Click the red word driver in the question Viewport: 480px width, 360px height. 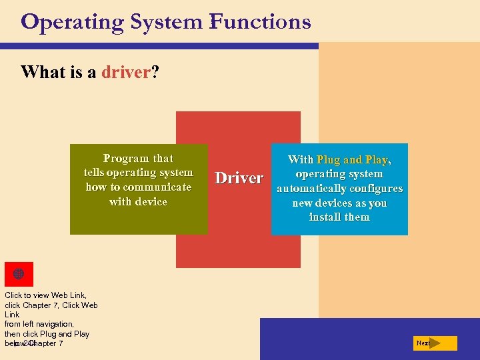coord(126,72)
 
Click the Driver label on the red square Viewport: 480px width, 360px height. coord(239,178)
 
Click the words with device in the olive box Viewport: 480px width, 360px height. coord(138,201)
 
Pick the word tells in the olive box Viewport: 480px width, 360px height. coord(93,173)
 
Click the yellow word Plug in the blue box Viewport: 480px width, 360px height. coord(328,160)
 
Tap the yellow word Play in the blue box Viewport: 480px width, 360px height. coord(377,160)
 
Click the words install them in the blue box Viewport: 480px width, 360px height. coord(339,217)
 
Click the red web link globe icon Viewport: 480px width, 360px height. coord(19,274)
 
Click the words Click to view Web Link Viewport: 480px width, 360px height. coord(45,295)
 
